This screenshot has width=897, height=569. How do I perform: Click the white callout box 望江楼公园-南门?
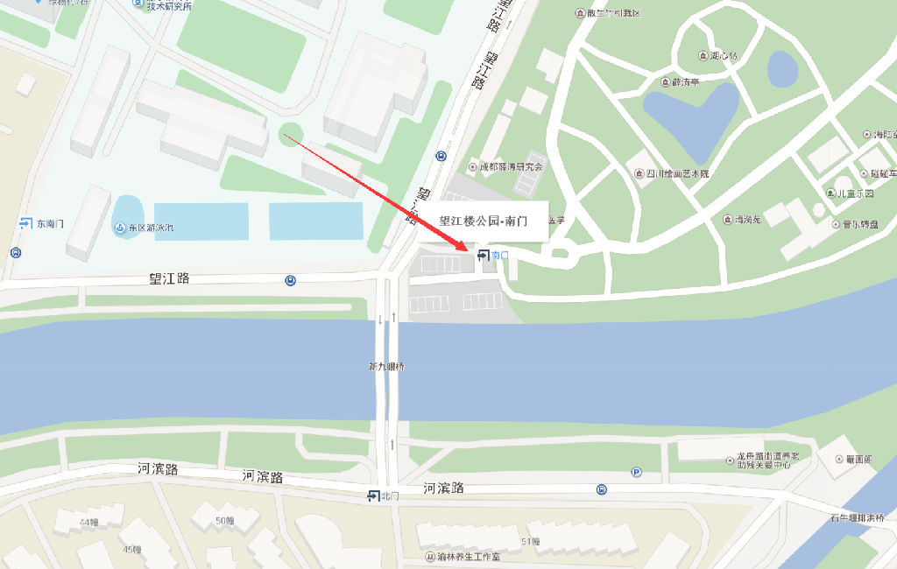point(483,221)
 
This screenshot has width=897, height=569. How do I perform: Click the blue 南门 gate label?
point(494,255)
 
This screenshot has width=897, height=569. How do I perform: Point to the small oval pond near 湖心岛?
point(781,68)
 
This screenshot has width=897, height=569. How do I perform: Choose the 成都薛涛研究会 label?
point(507,166)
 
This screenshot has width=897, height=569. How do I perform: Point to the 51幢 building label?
point(531,542)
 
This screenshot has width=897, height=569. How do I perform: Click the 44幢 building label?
point(88,523)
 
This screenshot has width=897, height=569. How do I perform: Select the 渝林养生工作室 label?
point(463,557)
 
